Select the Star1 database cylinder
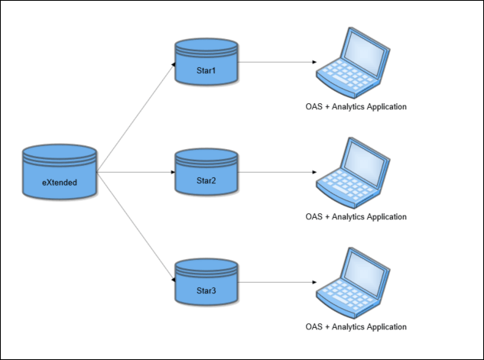point(206,63)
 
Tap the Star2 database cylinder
point(206,174)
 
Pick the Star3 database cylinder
point(206,284)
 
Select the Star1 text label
point(206,70)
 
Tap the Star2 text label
point(206,181)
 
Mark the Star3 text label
point(206,291)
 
